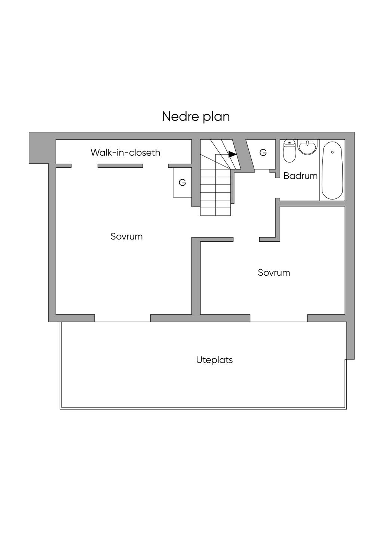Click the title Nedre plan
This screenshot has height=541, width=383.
point(196,117)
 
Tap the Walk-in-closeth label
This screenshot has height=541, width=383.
point(126,153)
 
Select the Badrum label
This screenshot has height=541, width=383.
point(300,176)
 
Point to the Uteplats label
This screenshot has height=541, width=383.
point(214,360)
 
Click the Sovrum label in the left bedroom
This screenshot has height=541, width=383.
point(126,236)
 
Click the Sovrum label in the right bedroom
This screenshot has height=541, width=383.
point(274,272)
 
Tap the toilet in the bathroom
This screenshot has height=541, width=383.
point(289,151)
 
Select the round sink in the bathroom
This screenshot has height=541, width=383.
point(307,147)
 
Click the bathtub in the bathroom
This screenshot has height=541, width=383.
point(333,170)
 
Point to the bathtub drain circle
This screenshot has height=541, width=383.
point(333,152)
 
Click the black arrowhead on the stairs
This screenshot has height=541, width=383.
point(233,154)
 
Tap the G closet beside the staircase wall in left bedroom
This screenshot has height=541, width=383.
point(183,183)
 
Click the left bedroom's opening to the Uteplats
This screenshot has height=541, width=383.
point(123,318)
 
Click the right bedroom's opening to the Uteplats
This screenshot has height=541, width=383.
point(279,318)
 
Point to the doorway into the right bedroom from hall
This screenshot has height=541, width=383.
point(246,239)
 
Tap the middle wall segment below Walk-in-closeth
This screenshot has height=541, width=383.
point(120,166)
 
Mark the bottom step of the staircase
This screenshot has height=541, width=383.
point(215,211)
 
